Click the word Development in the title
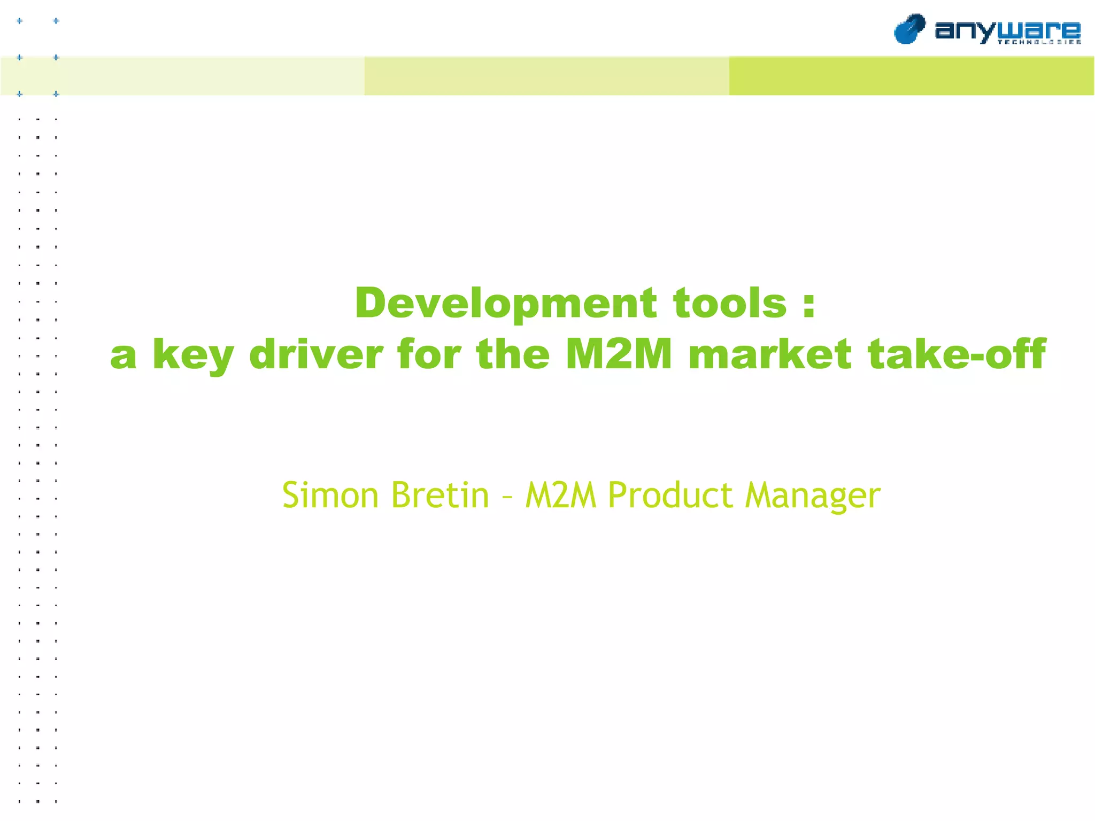[505, 303]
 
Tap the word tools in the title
[729, 303]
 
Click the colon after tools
[809, 305]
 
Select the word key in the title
[193, 355]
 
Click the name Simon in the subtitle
[330, 495]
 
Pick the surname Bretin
[440, 495]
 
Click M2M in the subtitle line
[560, 495]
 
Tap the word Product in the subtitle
[670, 495]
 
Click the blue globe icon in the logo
[909, 29]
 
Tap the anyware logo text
[1007, 29]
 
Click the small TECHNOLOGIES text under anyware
[1039, 42]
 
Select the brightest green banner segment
[911, 76]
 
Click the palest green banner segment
[182, 76]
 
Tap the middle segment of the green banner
[546, 76]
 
